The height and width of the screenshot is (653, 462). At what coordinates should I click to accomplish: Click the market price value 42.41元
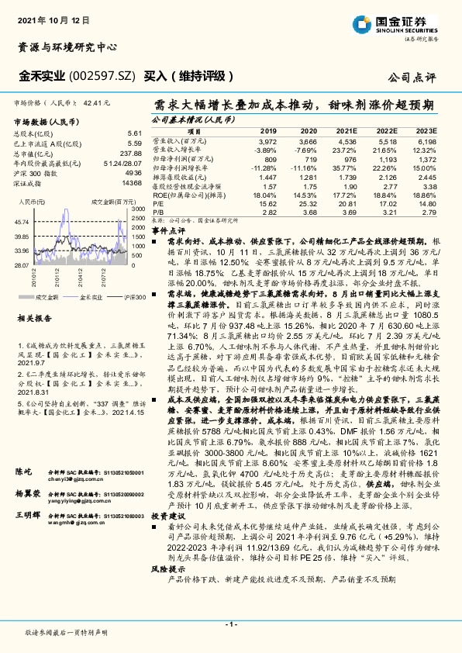(97, 102)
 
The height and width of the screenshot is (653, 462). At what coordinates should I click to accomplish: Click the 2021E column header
(346, 132)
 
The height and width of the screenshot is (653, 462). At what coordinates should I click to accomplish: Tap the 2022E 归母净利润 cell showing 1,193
(387, 158)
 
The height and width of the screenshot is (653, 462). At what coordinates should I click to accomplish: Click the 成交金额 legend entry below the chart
(47, 297)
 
